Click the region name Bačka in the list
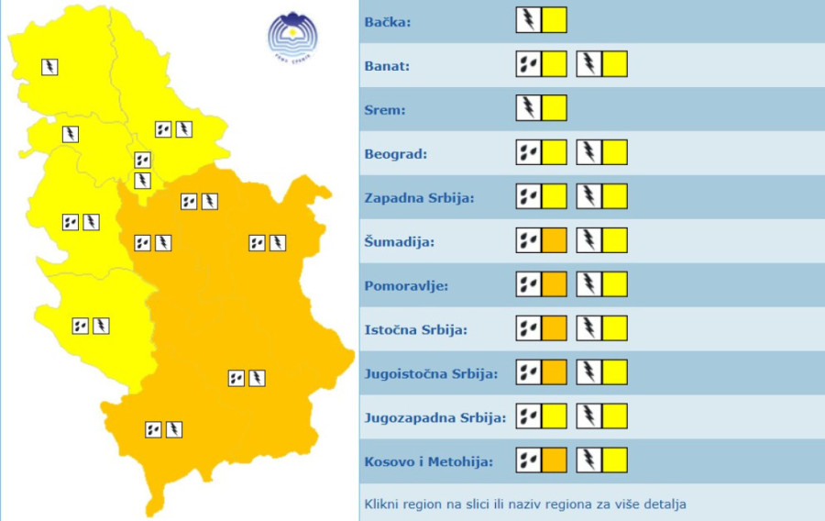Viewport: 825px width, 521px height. click(388, 22)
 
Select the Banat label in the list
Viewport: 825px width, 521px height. click(388, 66)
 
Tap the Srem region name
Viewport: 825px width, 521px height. click(385, 110)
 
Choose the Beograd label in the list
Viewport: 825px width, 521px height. click(396, 154)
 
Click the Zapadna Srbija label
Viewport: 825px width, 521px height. click(419, 198)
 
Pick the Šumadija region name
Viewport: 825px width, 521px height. click(399, 242)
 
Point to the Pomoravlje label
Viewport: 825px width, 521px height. click(406, 286)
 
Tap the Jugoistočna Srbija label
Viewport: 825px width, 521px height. click(431, 374)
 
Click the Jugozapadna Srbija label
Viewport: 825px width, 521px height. click(434, 418)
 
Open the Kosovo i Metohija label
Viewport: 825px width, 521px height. click(428, 462)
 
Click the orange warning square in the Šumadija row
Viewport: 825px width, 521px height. click(554, 241)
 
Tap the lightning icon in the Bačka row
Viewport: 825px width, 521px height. click(528, 19)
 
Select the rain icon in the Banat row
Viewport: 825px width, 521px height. click(528, 64)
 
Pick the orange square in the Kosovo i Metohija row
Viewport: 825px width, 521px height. click(554, 460)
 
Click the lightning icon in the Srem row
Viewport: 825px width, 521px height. click(528, 108)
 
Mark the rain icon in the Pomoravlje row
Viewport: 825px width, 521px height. click(528, 284)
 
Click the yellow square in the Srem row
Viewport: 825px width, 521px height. click(554, 108)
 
